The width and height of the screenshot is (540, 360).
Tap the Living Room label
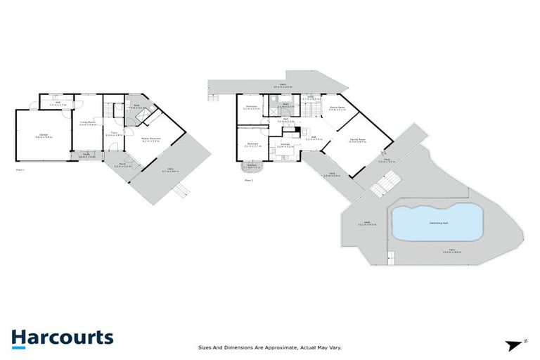pyautogui.click(x=86, y=124)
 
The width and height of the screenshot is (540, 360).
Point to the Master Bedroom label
pyautogui.click(x=151, y=139)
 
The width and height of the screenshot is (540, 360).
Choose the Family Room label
pyautogui.click(x=359, y=140)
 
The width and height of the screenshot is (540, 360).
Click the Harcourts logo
pyautogui.click(x=62, y=337)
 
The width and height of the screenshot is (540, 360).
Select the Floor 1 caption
pyautogui.click(x=20, y=169)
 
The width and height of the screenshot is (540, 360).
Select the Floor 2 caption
pyautogui.click(x=248, y=180)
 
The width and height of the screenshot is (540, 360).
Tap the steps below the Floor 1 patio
pyautogui.click(x=182, y=190)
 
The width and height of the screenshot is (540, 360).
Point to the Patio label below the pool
pyautogui.click(x=450, y=250)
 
